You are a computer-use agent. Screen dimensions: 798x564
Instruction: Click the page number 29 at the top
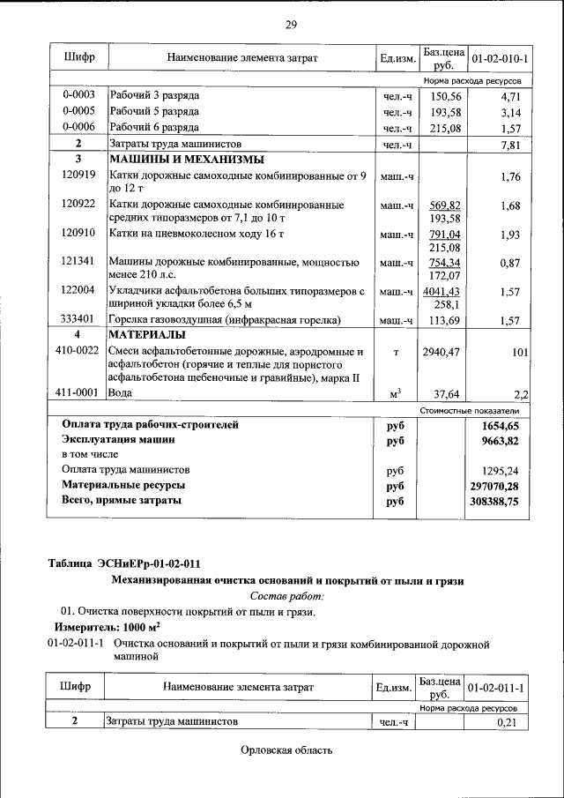coord(290,24)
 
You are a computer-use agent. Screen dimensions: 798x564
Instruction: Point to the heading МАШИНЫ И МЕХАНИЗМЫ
coord(185,159)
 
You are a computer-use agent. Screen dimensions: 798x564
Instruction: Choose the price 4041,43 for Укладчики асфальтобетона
coord(442,291)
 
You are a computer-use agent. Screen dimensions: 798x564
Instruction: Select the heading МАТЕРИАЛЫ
coord(146,335)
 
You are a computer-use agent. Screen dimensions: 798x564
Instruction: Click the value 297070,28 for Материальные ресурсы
coord(494,485)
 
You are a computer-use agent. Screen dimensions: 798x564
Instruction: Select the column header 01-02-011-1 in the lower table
coord(497,688)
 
